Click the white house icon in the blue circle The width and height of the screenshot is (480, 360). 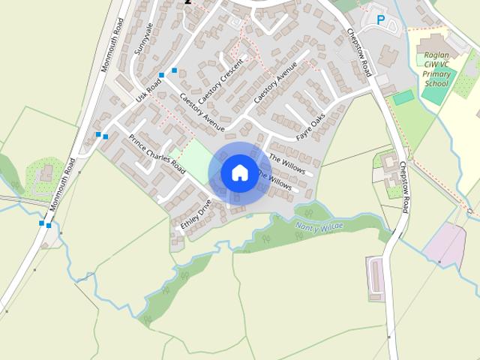pos(239,172)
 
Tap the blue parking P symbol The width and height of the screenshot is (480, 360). pos(381,20)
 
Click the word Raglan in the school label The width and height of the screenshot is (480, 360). pos(437,55)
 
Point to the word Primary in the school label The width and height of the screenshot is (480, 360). pos(437,75)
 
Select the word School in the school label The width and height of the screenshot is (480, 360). pos(436,84)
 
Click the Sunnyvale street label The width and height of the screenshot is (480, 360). pos(142,38)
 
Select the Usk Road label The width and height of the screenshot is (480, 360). pos(148,91)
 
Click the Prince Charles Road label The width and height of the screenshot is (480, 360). pos(157,154)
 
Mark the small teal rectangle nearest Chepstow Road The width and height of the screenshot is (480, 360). pos(403,97)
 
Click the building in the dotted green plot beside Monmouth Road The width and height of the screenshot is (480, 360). pos(44,174)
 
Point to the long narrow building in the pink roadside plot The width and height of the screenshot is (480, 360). pos(375,277)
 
